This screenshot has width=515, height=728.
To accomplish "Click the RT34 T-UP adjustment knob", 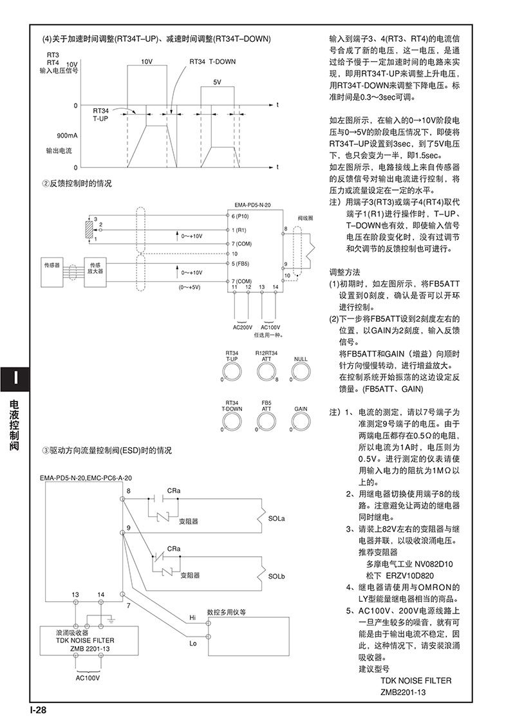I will pos(230,372).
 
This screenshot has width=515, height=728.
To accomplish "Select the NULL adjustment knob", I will pos(300,372).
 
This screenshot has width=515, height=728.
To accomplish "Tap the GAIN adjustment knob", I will pos(300,420).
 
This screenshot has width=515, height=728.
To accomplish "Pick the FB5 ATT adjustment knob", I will pos(265,420).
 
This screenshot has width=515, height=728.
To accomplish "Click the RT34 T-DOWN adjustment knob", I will pos(230,420).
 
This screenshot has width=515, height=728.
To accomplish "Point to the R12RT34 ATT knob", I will pos(265,372).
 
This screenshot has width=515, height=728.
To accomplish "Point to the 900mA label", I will pos(67,136).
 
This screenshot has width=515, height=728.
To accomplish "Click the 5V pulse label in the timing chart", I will pos(217,82).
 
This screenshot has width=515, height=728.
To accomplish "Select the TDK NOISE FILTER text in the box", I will pos(85,640).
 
